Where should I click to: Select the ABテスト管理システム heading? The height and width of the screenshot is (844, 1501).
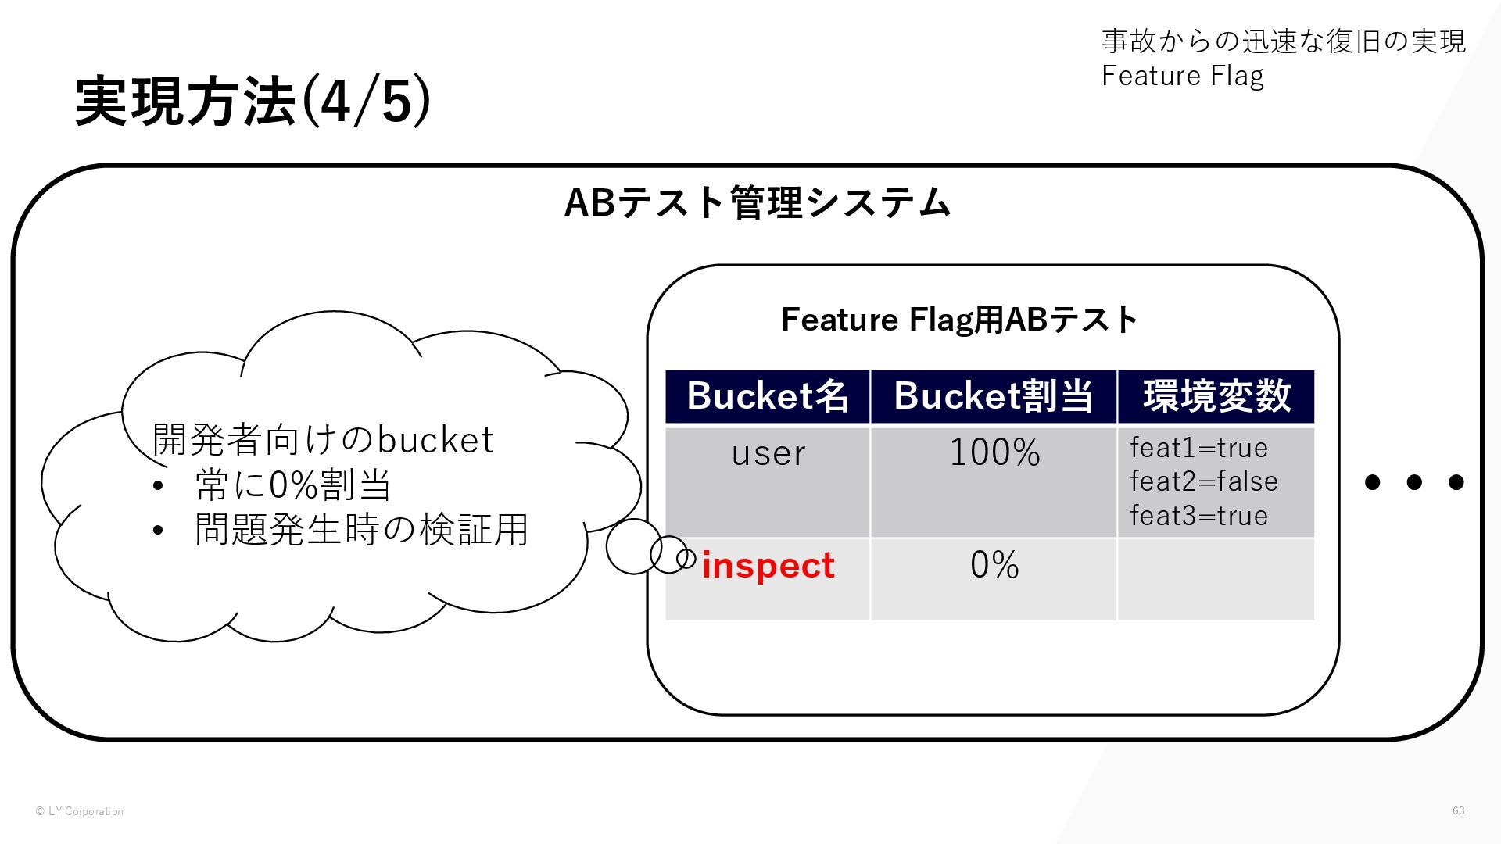click(x=757, y=203)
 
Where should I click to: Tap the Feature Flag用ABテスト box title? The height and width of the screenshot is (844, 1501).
click(x=958, y=320)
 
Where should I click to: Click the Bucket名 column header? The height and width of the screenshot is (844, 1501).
click(x=767, y=396)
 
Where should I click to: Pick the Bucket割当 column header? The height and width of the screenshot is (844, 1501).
click(x=993, y=396)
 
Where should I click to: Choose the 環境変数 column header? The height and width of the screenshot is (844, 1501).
click(x=1216, y=396)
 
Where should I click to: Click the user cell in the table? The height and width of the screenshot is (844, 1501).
click(x=768, y=453)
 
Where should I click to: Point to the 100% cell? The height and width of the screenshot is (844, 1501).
click(x=994, y=453)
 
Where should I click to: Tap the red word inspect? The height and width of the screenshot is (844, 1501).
click(x=768, y=566)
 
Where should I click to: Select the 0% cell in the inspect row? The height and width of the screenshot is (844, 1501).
click(x=994, y=565)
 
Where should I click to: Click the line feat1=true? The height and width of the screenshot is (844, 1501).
click(x=1198, y=448)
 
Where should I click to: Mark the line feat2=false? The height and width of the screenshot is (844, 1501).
click(x=1204, y=481)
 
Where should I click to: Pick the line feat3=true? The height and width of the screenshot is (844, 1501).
click(x=1198, y=516)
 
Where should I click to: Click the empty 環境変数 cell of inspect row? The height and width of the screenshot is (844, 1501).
click(x=1216, y=579)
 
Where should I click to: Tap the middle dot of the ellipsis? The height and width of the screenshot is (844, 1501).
click(x=1413, y=482)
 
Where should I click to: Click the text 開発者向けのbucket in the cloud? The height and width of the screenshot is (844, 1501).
click(x=322, y=440)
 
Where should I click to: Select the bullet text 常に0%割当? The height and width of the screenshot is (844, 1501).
click(x=293, y=485)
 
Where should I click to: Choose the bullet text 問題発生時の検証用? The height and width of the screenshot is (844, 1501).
click(x=361, y=530)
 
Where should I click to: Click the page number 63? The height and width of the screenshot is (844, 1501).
click(x=1458, y=810)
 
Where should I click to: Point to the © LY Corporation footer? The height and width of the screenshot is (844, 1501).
click(x=79, y=811)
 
